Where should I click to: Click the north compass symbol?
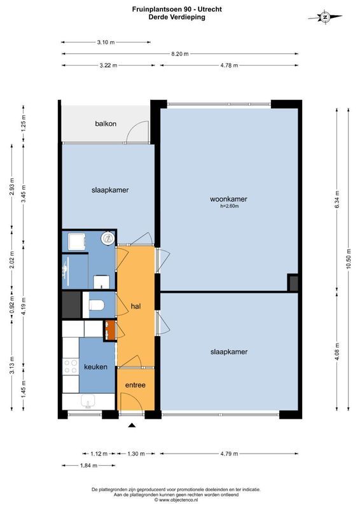324,17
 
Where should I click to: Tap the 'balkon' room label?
106,123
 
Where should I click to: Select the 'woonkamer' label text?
228,199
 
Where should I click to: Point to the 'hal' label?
135,306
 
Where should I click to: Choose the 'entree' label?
135,385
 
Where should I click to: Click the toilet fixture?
96,305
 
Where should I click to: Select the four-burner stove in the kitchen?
70,367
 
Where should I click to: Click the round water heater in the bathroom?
108,239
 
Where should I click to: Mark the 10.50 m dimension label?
348,261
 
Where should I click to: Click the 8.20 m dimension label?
180,54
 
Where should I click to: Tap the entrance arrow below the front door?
132,425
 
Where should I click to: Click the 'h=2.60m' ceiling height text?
228,206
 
